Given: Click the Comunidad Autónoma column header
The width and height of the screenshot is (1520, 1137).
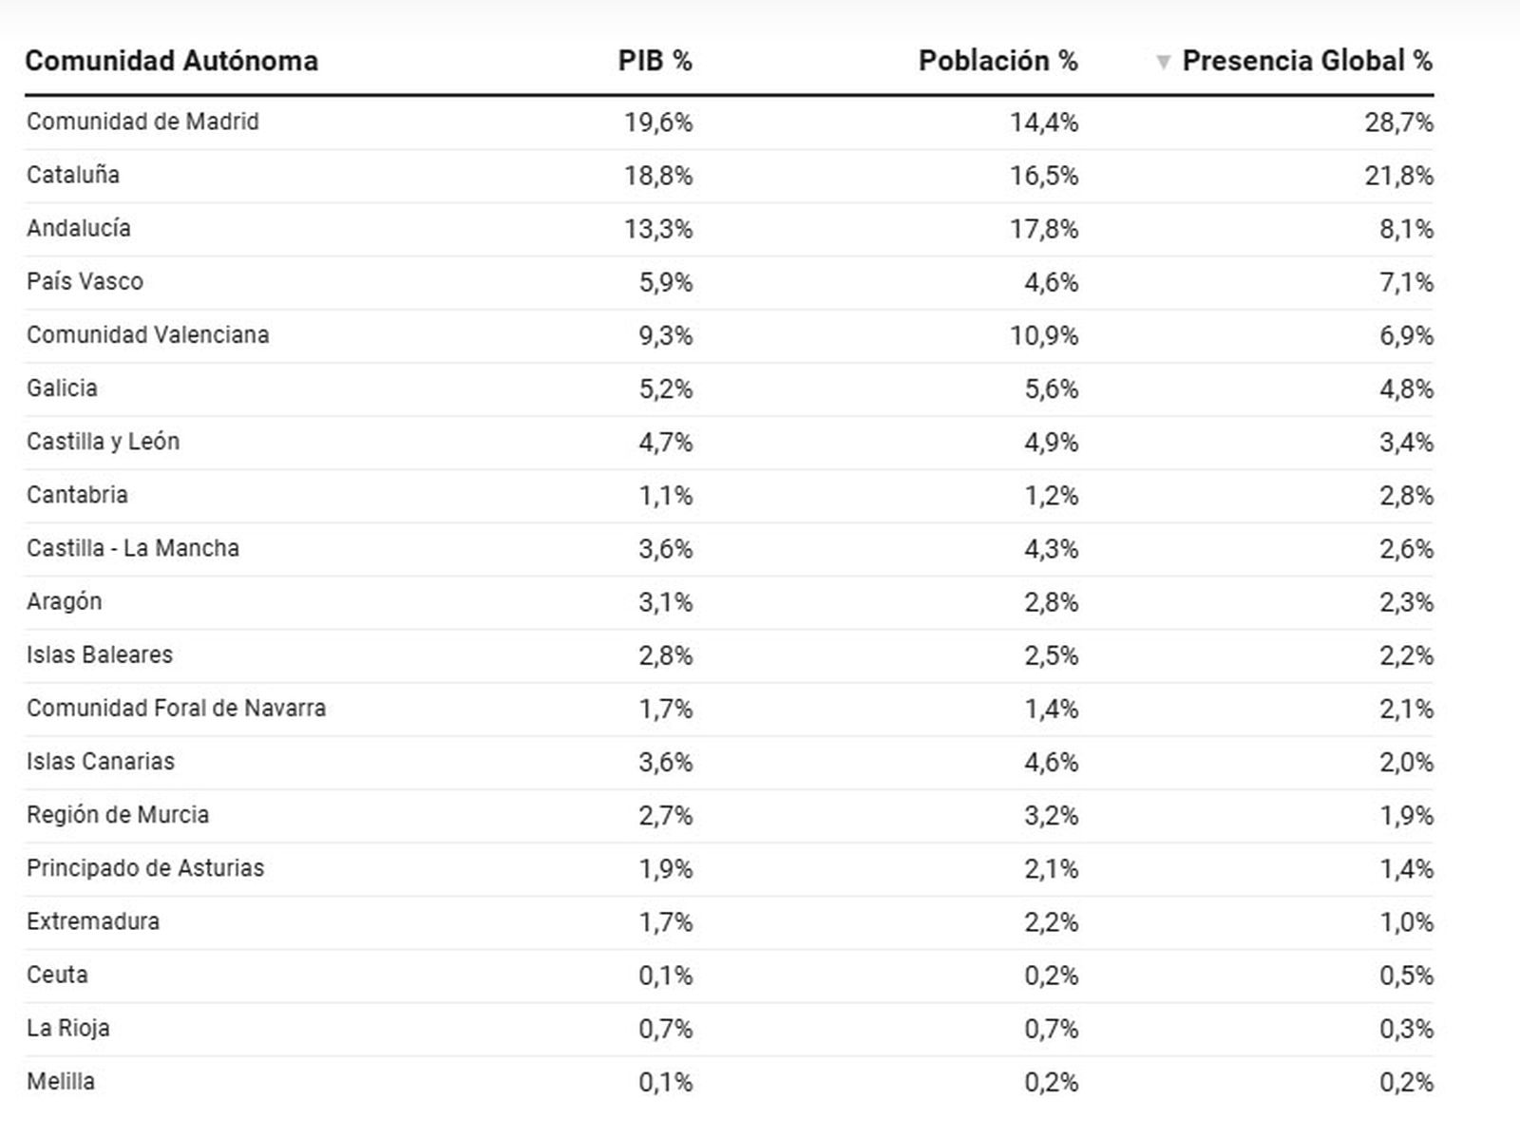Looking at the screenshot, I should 171,61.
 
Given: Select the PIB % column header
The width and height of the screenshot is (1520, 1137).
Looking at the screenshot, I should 655,61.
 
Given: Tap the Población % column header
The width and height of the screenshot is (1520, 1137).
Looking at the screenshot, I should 997,61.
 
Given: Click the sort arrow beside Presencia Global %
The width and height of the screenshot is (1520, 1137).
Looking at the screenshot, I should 1163,63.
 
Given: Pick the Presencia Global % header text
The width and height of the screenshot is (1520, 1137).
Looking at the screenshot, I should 1306,61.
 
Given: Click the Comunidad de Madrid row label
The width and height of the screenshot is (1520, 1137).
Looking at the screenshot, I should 142,122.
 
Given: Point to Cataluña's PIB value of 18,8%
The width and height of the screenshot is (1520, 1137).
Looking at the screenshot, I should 658,176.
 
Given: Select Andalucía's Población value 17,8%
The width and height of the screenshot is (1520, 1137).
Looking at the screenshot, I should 1043,229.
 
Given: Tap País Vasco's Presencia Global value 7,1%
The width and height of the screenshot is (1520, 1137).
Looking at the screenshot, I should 1406,282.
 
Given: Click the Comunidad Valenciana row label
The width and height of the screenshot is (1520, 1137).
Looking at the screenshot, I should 147,334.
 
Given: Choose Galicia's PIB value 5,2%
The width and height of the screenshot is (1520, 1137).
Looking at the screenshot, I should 665,388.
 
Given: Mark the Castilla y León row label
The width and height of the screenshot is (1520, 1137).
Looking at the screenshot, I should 103,442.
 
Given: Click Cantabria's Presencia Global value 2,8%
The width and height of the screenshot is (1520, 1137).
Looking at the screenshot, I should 1406,495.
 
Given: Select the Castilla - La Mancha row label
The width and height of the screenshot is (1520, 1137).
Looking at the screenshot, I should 133,548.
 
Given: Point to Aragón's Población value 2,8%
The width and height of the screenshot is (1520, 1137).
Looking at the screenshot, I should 1051,602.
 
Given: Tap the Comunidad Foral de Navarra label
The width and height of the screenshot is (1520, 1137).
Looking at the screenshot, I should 176,708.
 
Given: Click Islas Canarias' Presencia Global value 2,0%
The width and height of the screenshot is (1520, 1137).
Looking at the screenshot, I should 1406,762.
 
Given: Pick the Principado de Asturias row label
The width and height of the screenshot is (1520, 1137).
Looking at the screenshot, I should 145,868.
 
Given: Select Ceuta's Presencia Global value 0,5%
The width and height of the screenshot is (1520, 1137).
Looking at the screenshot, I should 1406,976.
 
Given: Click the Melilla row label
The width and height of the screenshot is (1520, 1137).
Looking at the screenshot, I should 61,1081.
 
